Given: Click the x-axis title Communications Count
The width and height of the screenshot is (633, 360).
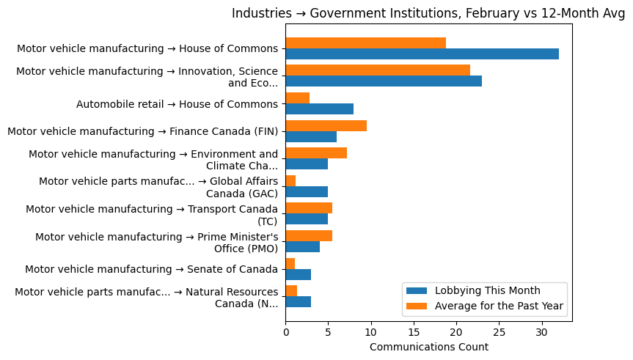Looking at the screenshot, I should click(428, 347).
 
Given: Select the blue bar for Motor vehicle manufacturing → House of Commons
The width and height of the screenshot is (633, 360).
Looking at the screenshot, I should click(422, 54).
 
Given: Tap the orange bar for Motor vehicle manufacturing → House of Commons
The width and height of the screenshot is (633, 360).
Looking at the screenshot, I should click(365, 43).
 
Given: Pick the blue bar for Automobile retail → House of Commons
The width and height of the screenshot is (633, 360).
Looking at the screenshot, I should click(319, 109).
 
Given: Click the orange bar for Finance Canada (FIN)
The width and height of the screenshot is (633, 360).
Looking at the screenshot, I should click(326, 125).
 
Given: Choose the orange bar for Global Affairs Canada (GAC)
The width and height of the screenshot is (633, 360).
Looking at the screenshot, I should click(290, 180).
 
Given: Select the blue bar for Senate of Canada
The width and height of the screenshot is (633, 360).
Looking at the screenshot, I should click(298, 274).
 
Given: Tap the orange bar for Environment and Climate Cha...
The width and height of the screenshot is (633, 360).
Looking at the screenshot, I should click(316, 153).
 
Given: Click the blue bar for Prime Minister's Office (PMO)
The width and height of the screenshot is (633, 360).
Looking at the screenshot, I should click(302, 246).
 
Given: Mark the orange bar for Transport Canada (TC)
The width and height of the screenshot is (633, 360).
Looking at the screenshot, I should click(309, 208).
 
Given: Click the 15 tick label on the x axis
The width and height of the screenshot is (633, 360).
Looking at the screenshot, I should click(414, 331).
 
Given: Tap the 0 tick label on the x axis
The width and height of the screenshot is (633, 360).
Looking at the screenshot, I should click(285, 331).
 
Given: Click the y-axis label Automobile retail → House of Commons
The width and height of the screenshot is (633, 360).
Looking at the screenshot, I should click(177, 104).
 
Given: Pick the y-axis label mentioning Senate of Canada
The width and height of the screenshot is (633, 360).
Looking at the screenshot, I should click(151, 269).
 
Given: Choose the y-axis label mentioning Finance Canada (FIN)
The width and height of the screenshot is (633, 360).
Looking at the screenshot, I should click(142, 131).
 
